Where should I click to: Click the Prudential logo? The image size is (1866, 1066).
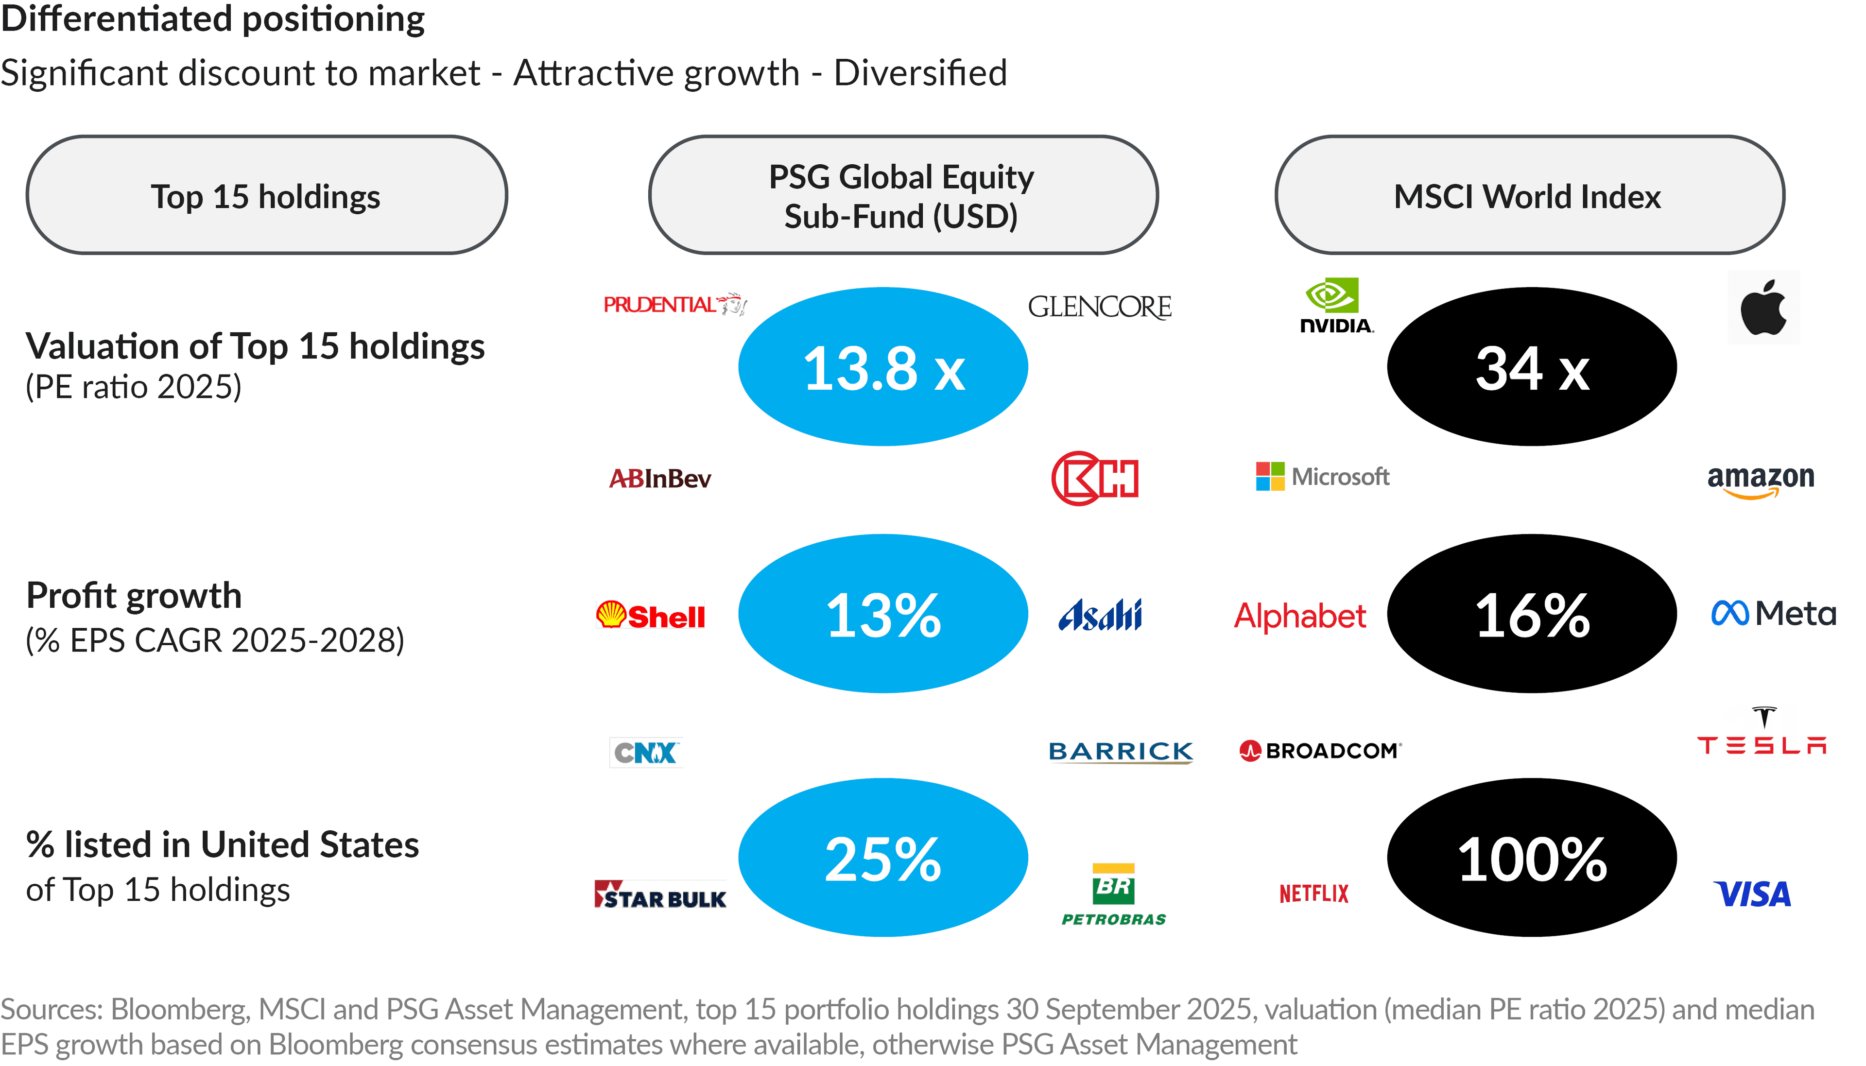pyautogui.click(x=674, y=304)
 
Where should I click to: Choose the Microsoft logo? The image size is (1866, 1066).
pyautogui.click(x=1322, y=477)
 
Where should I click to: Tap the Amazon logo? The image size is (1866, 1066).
pyautogui.click(x=1761, y=481)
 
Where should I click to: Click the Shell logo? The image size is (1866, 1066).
pyautogui.click(x=650, y=616)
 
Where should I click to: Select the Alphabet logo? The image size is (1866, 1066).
pyautogui.click(x=1300, y=615)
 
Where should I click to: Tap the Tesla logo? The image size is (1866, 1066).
pyautogui.click(x=1762, y=731)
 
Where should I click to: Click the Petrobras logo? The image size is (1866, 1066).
pyautogui.click(x=1113, y=894)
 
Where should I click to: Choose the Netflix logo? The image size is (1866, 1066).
pyautogui.click(x=1314, y=893)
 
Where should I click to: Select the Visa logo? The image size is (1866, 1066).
pyautogui.click(x=1752, y=894)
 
